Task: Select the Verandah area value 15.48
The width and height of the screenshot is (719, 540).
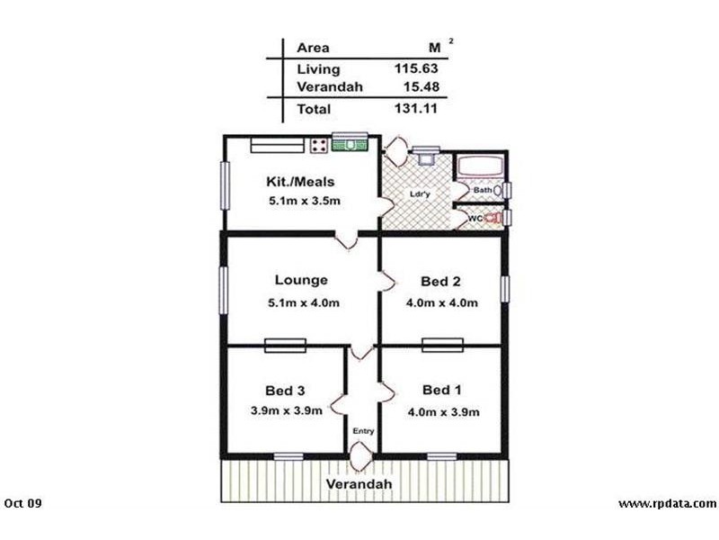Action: point(419,86)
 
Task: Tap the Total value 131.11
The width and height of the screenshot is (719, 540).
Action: point(416,109)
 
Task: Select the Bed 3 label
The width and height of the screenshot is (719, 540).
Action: point(286,391)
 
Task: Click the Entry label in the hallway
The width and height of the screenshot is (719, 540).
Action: point(363,431)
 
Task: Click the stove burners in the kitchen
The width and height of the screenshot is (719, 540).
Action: point(318,144)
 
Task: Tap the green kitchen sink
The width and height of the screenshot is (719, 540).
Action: point(351,142)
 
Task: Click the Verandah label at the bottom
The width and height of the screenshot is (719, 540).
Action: point(359,484)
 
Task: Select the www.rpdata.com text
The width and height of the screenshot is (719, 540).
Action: point(667,503)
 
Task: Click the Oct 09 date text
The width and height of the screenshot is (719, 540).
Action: point(23,503)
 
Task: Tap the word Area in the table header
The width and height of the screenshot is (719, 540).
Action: point(313,48)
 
